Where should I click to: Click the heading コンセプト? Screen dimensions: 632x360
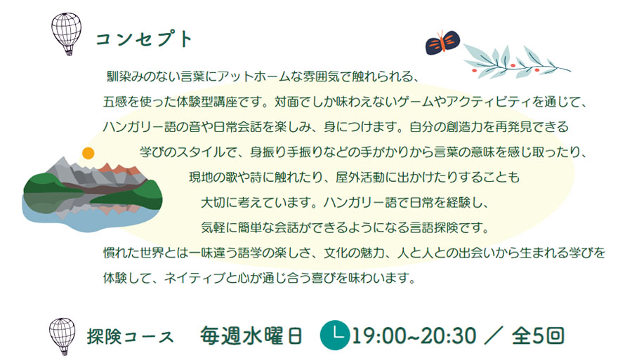click(x=144, y=39)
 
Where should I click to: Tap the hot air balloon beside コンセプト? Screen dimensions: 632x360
click(x=67, y=34)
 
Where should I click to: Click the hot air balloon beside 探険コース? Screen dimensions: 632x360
click(x=62, y=336)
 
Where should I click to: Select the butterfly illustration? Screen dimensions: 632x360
click(x=442, y=42)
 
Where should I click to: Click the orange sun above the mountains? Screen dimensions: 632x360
click(x=88, y=153)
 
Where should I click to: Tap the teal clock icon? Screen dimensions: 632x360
click(x=335, y=335)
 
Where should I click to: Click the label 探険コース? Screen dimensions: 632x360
click(x=130, y=337)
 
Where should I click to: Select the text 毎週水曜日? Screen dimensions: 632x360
click(x=251, y=336)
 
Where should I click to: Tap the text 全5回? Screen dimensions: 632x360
click(x=538, y=336)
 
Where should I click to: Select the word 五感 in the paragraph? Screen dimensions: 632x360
click(x=115, y=102)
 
